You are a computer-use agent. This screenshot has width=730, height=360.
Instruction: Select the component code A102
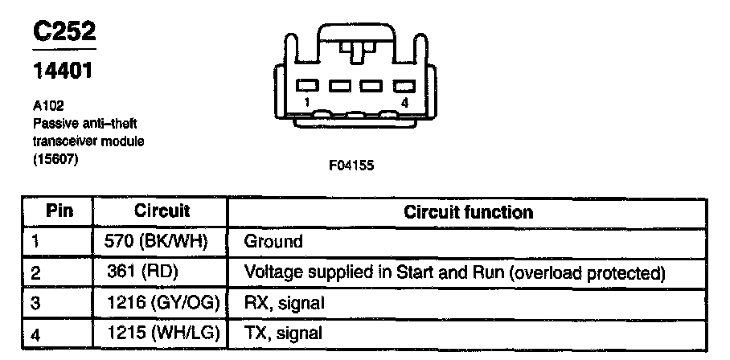coord(47,104)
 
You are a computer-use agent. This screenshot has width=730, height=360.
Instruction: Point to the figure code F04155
coord(351,166)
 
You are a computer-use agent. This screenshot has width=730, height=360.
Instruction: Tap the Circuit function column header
coord(467,212)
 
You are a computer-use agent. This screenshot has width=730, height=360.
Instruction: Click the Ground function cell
coord(273,241)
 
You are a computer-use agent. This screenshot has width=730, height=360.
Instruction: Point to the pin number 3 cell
coord(35,303)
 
